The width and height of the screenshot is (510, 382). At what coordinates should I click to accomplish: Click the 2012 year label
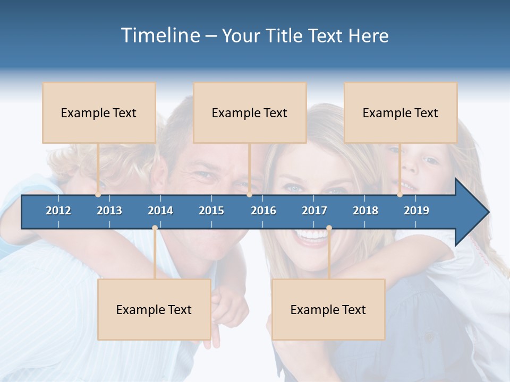tap(58, 211)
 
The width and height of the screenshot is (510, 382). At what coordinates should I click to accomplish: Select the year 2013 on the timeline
tap(109, 211)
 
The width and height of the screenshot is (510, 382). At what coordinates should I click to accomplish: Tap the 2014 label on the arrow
tap(160, 211)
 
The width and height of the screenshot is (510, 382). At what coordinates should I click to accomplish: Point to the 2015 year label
tap(211, 211)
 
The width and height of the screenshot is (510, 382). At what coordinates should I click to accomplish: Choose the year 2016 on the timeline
tap(263, 211)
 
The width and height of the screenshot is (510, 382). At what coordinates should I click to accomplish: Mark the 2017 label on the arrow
tap(314, 211)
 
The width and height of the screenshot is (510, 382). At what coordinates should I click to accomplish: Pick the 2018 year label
tap(365, 211)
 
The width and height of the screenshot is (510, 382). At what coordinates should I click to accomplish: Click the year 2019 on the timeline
tap(416, 211)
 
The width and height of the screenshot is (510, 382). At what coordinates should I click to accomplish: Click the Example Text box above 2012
tap(99, 112)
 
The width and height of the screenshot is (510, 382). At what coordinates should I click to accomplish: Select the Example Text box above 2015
tap(250, 112)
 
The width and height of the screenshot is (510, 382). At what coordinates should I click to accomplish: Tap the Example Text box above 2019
tap(401, 112)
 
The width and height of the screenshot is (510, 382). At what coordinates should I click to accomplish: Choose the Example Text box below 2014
tap(154, 309)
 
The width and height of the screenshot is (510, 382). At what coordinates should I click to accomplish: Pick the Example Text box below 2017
tap(328, 309)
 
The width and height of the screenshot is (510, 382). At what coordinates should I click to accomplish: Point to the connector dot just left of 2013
tap(98, 195)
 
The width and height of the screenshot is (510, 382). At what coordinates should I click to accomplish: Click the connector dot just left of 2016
tap(250, 195)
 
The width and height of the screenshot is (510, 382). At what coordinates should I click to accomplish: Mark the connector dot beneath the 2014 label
tap(155, 228)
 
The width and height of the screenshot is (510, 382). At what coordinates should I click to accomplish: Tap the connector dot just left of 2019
tap(400, 195)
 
